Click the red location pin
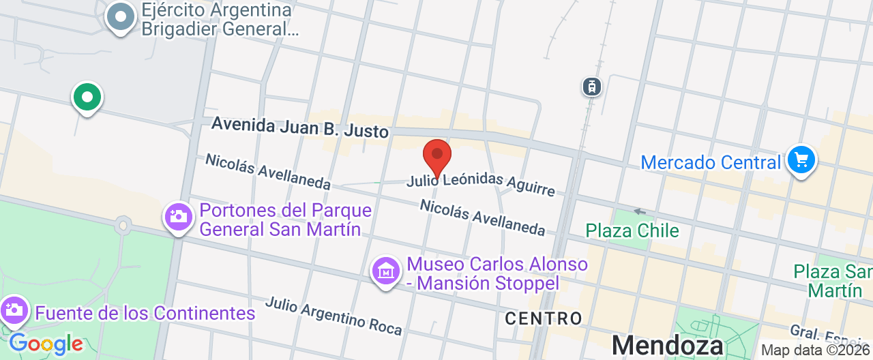[x=437, y=156]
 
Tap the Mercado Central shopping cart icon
[x=801, y=161]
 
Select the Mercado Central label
[x=711, y=163]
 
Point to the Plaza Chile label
[x=632, y=230]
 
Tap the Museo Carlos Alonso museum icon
[x=386, y=271]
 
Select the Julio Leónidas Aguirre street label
[x=481, y=183]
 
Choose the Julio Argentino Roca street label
[x=334, y=316]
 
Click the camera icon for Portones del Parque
[x=179, y=217]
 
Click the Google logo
[x=46, y=344]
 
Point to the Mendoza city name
[x=667, y=344]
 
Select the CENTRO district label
[x=544, y=318]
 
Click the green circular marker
[x=87, y=97]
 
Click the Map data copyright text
[x=816, y=350]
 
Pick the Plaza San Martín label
[x=832, y=281]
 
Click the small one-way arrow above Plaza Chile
[x=639, y=211]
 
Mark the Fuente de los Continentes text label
[x=145, y=314]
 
